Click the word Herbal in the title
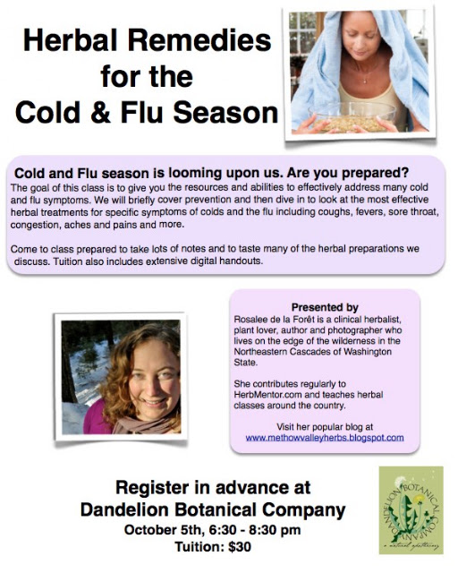[70, 41]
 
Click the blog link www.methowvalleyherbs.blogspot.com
[325, 438]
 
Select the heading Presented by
[325, 307]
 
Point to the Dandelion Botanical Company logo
[411, 510]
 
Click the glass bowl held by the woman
[352, 116]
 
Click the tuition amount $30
[240, 547]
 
